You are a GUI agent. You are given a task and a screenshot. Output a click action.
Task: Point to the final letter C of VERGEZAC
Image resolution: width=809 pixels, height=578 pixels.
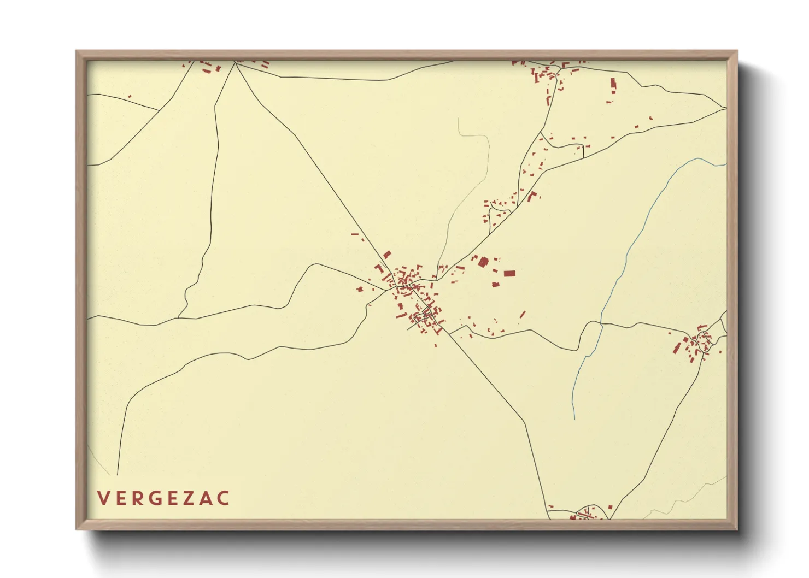click(x=223, y=498)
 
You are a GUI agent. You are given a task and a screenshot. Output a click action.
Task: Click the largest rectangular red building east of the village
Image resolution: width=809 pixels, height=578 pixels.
click(x=509, y=273)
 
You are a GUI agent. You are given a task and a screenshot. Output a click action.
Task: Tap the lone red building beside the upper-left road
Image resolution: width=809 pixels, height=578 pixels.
click(x=130, y=97)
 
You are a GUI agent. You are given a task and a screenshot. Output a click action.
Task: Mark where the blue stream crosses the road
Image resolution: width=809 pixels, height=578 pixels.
click(x=602, y=323)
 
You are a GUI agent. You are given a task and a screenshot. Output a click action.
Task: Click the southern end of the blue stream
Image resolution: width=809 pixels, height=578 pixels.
click(x=574, y=418)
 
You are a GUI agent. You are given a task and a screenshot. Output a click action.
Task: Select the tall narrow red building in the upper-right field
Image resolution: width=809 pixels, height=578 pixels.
click(x=613, y=84)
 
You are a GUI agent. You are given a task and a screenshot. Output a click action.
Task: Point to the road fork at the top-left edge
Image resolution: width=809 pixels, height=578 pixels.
click(x=235, y=63)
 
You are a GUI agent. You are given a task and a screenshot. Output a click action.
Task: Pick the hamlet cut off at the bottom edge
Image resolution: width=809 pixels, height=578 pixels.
click(x=585, y=514)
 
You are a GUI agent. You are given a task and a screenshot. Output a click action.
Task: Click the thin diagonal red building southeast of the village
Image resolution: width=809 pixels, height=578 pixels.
click(x=522, y=315)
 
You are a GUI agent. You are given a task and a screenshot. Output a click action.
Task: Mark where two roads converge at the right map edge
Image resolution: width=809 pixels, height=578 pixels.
click(x=725, y=109)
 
